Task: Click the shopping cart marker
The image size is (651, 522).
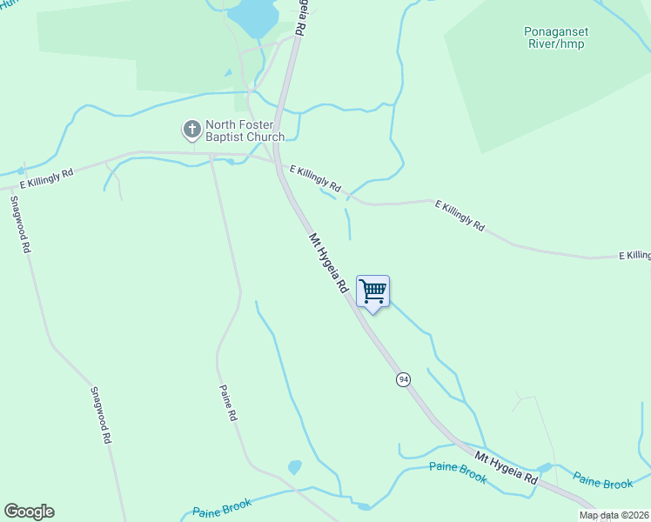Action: point(372,291)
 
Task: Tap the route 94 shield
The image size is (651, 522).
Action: point(403,379)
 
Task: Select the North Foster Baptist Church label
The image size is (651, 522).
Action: point(245,130)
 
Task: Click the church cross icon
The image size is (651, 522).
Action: point(191,130)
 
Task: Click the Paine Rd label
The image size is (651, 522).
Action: point(228,403)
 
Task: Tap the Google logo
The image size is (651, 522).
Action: point(29,512)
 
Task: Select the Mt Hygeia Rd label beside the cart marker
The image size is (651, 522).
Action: point(328,262)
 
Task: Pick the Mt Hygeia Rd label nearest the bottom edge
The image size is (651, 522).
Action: point(507,468)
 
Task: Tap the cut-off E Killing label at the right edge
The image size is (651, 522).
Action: point(634,255)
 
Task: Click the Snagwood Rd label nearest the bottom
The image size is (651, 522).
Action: point(101,416)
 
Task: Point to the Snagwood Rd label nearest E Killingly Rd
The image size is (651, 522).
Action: point(21,224)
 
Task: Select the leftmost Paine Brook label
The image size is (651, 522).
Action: point(222,509)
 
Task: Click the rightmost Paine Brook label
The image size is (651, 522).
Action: point(602,481)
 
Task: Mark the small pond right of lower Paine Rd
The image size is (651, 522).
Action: point(294,467)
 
